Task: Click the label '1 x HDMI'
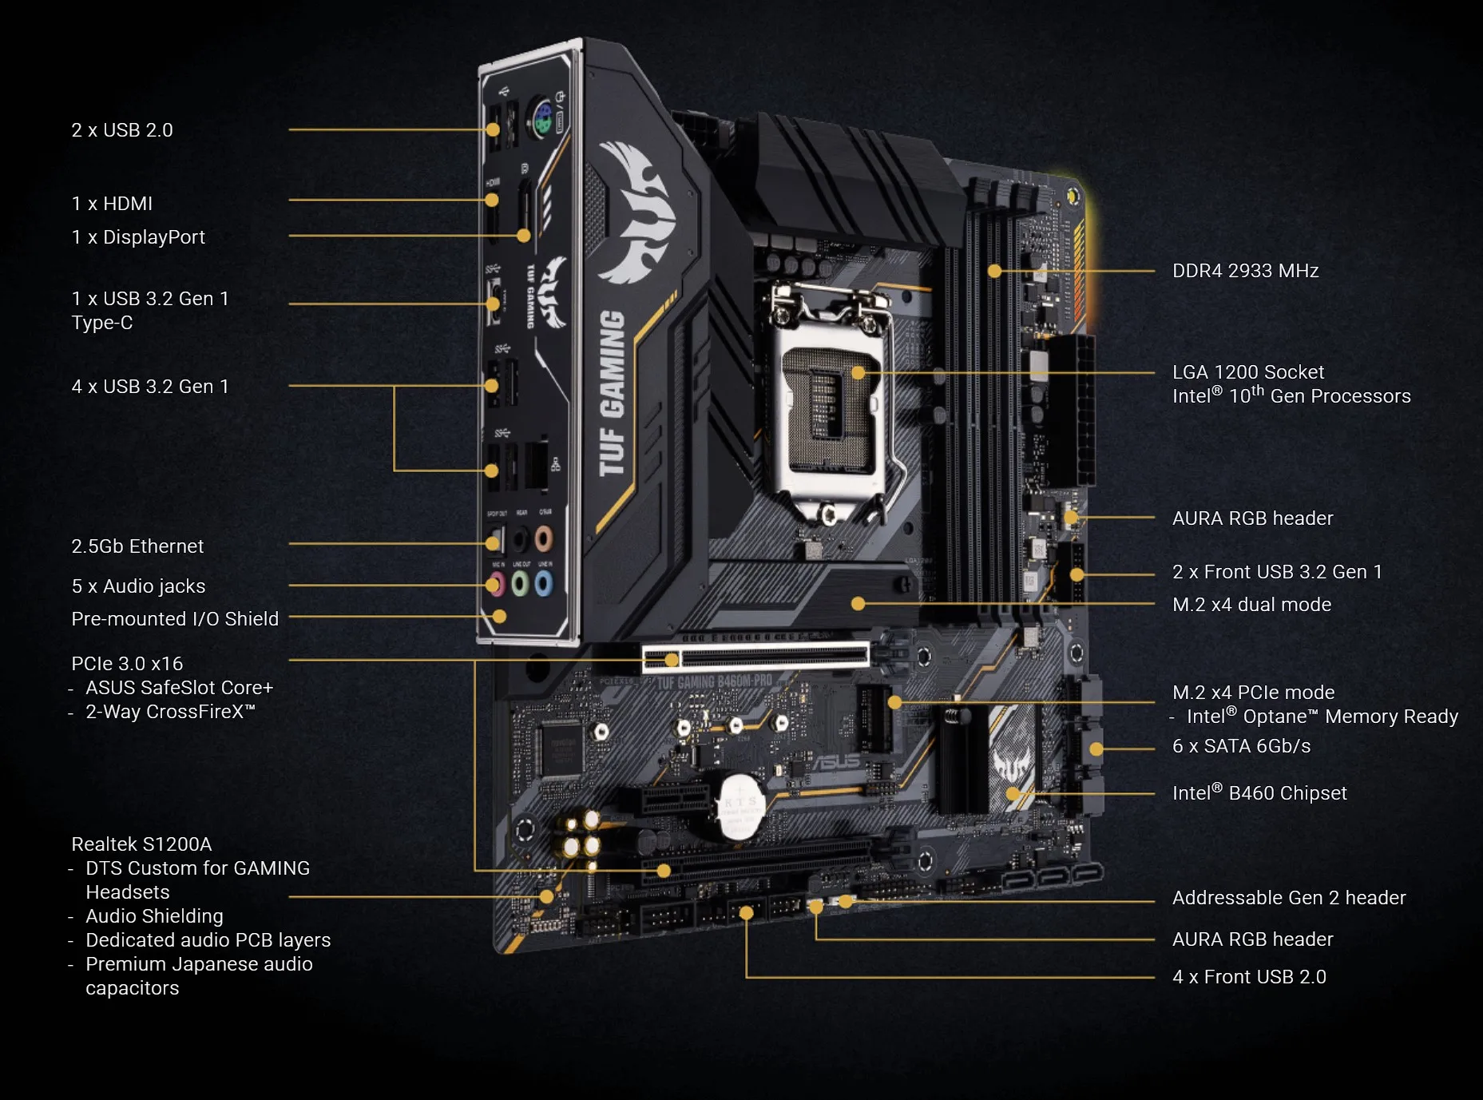[112, 204]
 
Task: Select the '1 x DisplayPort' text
[138, 237]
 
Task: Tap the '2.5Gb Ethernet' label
[137, 546]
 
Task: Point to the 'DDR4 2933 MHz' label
[1245, 271]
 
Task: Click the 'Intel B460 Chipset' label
[1259, 793]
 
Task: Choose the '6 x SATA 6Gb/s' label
[1241, 746]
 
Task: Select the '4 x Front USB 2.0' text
[1249, 977]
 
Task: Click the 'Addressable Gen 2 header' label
[1289, 898]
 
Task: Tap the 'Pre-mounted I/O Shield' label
[175, 619]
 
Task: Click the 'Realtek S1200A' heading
[141, 844]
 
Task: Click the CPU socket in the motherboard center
[831, 399]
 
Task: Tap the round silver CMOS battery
[740, 807]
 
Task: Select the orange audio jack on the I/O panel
[544, 539]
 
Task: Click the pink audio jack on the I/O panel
[497, 584]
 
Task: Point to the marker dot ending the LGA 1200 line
[858, 372]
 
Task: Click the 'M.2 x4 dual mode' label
[1251, 605]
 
